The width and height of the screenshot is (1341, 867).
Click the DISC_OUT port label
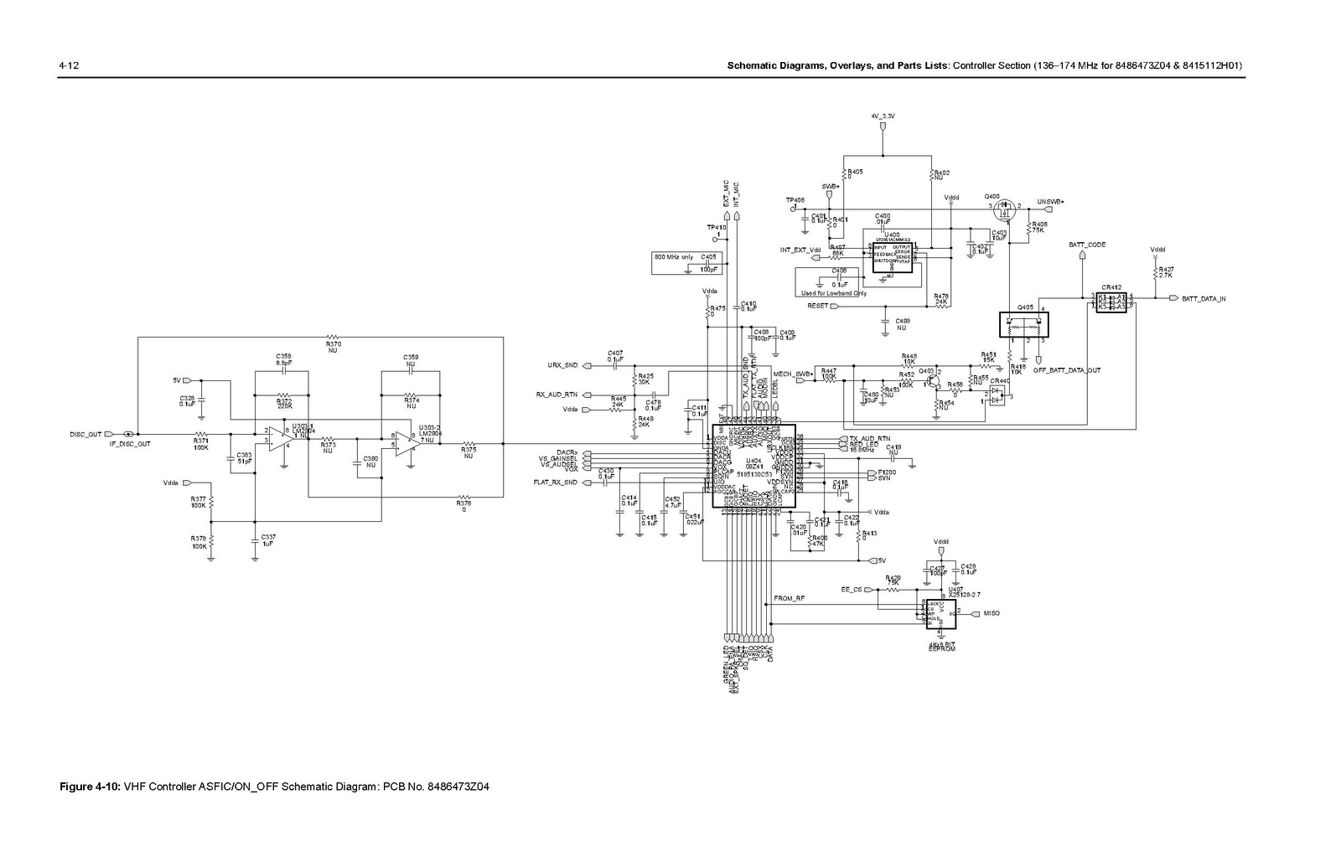coord(85,434)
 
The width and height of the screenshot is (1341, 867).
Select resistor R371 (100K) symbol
coord(201,434)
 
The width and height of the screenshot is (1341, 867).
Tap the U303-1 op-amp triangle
coord(279,438)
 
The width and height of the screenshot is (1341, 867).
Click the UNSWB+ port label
coord(1050,202)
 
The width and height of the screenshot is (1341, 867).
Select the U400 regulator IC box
coord(893,255)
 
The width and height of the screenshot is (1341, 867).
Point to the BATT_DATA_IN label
coord(1204,299)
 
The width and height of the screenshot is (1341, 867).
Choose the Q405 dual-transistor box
coord(1025,324)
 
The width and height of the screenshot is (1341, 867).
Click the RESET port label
coord(817,306)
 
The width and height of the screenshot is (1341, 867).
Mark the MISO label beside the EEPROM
coord(991,613)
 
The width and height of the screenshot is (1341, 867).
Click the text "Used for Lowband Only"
coord(834,293)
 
